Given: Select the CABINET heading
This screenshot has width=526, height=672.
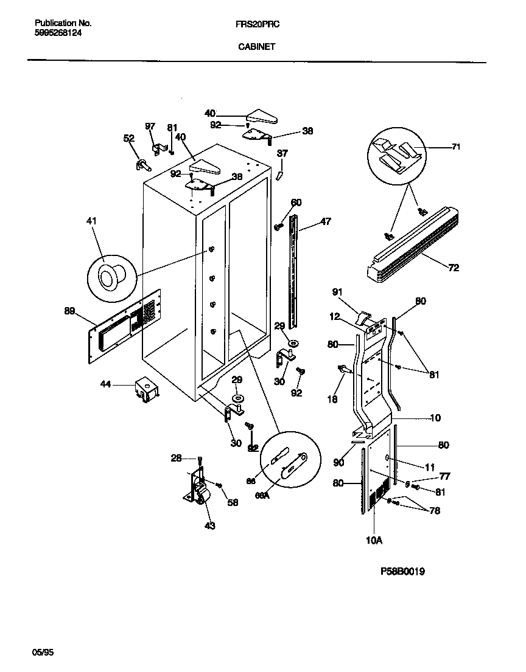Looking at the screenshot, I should point(256,46).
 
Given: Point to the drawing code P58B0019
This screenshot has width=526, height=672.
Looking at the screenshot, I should point(402,572).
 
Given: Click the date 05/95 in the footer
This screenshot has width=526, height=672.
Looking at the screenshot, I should point(43,653).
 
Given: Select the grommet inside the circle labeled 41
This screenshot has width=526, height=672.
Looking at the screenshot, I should point(110,277).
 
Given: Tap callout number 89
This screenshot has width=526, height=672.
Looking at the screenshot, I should point(69,311).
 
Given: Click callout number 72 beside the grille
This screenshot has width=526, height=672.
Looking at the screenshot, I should point(454,268).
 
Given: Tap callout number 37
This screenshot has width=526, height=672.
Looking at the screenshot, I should point(282,153).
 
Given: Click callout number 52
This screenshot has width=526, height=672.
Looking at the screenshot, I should point(128,139).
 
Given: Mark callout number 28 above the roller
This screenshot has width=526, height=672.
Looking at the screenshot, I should point(177,457).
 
